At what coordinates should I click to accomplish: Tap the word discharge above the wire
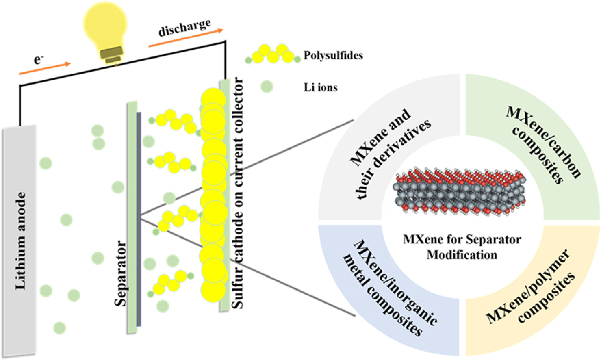185,27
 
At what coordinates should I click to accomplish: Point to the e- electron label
38,60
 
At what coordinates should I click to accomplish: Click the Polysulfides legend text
333,55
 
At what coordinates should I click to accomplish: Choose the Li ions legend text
321,87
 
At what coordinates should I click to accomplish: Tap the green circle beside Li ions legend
267,87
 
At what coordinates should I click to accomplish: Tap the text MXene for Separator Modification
462,247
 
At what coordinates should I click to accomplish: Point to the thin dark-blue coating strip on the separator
139,219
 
